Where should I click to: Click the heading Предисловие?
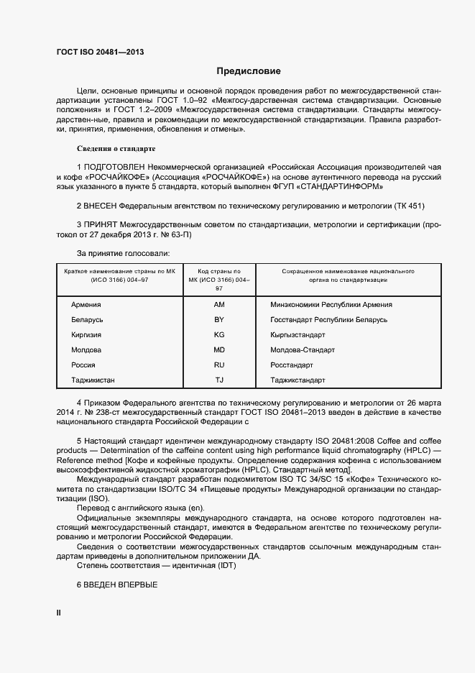pyautogui.click(x=249, y=71)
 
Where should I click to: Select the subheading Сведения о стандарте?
pyautogui.click(x=116, y=149)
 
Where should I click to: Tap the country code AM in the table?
pyautogui.click(x=220, y=305)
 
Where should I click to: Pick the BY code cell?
pyautogui.click(x=220, y=319)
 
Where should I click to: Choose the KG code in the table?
pyautogui.click(x=220, y=334)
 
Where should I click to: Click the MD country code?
pyautogui.click(x=220, y=349)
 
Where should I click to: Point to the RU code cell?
pyautogui.click(x=220, y=365)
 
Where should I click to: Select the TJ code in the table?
pyautogui.click(x=220, y=380)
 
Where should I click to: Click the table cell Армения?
pyautogui.click(x=86, y=305)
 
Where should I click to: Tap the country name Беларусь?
pyautogui.click(x=88, y=319)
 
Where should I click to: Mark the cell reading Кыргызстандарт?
pyautogui.click(x=298, y=334)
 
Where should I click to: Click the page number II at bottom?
pyautogui.click(x=59, y=613)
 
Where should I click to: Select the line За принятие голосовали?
pyautogui.click(x=123, y=253)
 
